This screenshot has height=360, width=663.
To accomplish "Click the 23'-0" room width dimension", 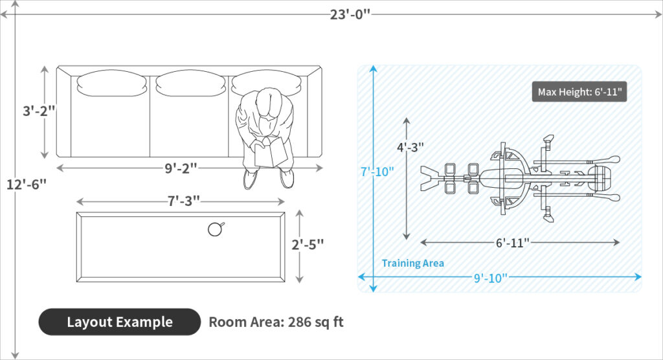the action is click(x=350, y=14).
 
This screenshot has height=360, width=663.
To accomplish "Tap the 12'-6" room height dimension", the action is click(x=26, y=185).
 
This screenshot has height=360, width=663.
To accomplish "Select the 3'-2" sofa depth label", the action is click(x=39, y=111).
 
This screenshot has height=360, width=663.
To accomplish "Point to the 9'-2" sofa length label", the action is click(x=181, y=168).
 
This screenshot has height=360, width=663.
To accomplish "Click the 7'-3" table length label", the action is click(x=183, y=201).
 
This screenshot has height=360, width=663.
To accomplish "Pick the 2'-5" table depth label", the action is click(x=308, y=245).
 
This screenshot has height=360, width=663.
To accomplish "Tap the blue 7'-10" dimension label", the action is click(x=377, y=172).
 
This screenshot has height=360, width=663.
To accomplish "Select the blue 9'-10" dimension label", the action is click(x=491, y=278).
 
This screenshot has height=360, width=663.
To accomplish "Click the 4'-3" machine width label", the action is click(x=410, y=147).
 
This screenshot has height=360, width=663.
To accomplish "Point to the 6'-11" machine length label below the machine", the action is click(x=513, y=243).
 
